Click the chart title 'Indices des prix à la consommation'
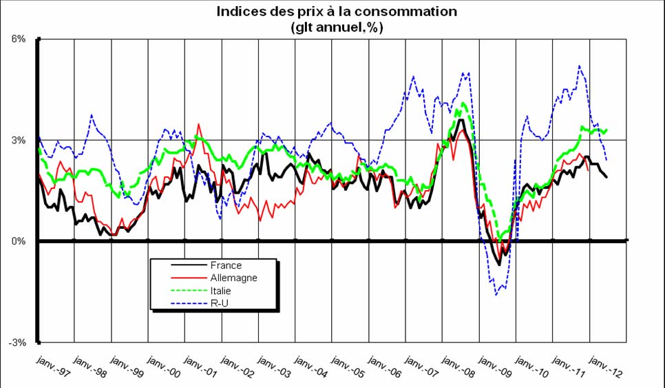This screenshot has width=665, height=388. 337,12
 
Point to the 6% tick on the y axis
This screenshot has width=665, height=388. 18,39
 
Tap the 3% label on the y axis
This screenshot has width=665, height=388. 18,141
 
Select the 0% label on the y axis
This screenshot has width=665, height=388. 18,241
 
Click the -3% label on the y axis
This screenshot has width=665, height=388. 17,343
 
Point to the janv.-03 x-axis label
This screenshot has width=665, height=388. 272,365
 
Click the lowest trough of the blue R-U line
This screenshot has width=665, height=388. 496,295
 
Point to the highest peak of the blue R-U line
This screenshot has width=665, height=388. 580,66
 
